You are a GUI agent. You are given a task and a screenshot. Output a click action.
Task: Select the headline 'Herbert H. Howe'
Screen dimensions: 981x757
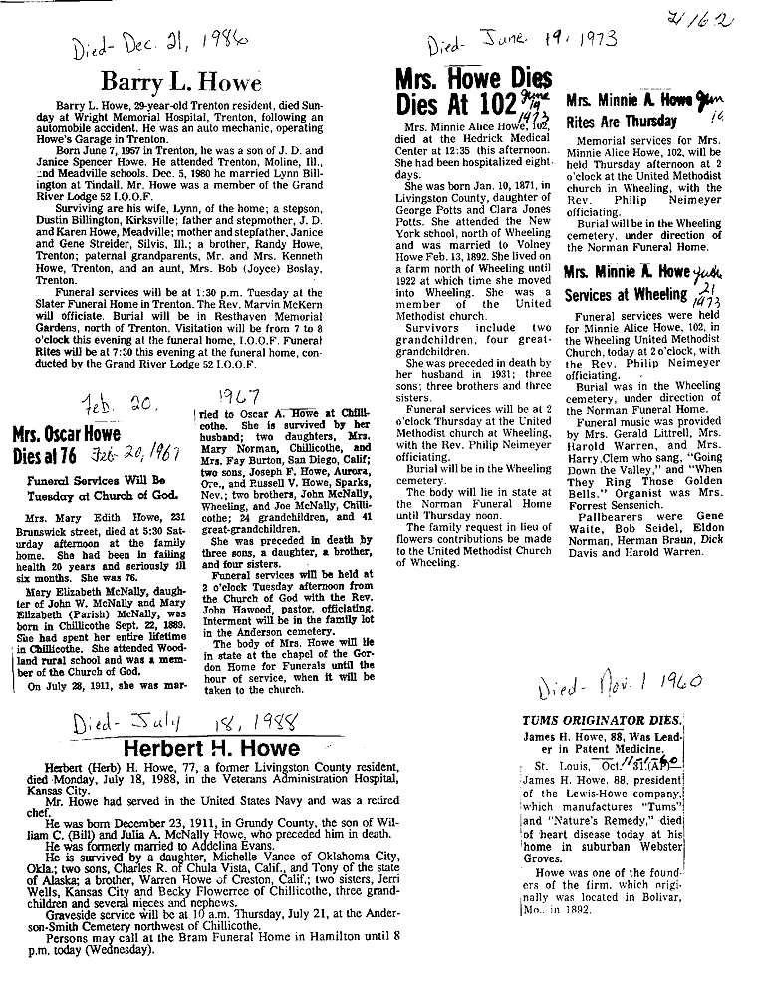pyautogui.click(x=210, y=748)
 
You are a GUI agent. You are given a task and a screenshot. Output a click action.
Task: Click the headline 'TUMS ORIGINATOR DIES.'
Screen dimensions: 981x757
pyautogui.click(x=603, y=719)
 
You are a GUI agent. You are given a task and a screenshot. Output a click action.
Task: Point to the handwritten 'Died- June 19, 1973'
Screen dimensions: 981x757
pyautogui.click(x=523, y=42)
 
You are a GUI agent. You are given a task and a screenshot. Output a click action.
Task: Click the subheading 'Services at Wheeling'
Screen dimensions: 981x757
pyautogui.click(x=626, y=295)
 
